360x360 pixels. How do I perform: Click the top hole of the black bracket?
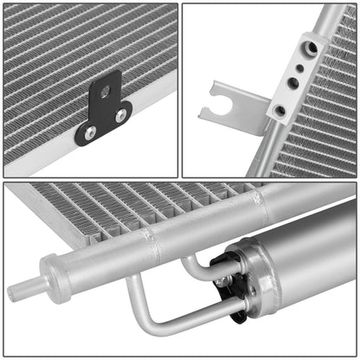point(105,91)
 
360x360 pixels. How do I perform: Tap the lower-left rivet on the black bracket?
point(90,132)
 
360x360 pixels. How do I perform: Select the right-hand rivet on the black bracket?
point(120,115)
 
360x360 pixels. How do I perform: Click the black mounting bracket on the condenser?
point(103,112)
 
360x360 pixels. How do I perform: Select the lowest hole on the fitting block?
point(280,111)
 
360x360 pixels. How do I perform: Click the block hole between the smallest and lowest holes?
point(292,84)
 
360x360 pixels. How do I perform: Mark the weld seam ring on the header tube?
point(157,248)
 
